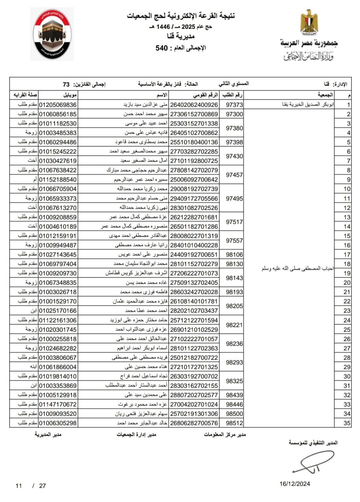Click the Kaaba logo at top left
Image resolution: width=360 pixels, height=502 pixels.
click(52, 34)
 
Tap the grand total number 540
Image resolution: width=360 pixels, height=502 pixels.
click(162, 48)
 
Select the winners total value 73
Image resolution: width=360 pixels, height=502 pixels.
click(66, 84)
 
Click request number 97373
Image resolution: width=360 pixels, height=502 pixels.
click(234, 105)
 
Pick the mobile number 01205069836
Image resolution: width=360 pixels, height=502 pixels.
click(58, 105)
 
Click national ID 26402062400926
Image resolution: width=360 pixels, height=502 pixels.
click(194, 105)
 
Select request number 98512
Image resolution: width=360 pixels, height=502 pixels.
click(234, 423)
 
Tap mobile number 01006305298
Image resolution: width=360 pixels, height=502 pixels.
click(58, 423)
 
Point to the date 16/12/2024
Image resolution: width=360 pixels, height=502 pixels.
click(295, 484)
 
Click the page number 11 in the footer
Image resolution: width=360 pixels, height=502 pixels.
click(19, 486)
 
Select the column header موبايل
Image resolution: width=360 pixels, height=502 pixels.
click(70, 95)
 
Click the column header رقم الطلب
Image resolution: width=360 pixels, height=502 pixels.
click(233, 95)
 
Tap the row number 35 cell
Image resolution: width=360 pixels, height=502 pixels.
click(347, 423)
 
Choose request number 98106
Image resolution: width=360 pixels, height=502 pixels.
click(234, 255)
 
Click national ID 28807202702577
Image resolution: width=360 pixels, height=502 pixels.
click(194, 395)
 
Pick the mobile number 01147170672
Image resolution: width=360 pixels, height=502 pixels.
click(58, 404)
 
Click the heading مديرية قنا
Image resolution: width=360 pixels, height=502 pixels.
click(180, 36)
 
